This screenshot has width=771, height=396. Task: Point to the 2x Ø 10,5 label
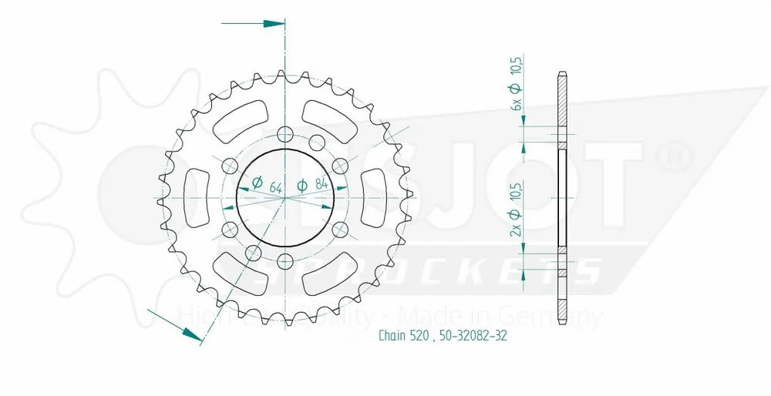(x=517, y=210)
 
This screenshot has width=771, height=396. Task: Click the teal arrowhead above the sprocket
(x=274, y=23)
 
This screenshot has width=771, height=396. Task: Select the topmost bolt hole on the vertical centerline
(x=284, y=133)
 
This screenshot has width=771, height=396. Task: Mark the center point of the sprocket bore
(x=284, y=197)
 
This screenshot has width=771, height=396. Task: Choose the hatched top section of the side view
(x=562, y=104)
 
